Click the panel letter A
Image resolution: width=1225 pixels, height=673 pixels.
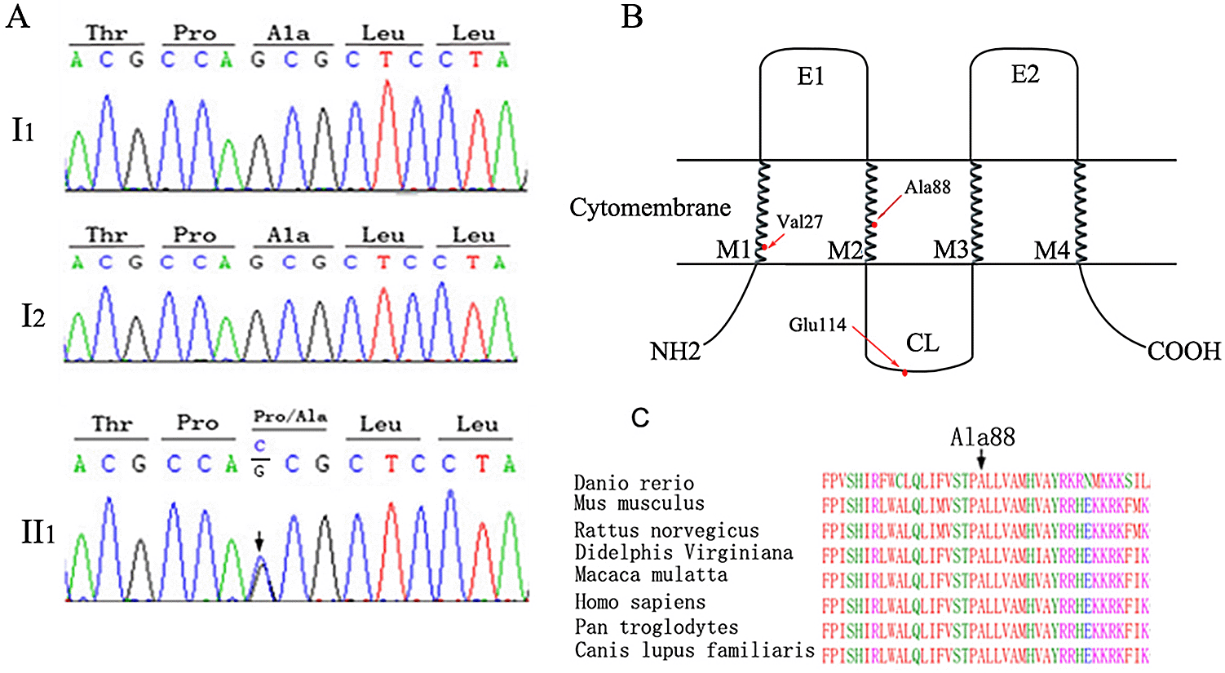tap(18, 16)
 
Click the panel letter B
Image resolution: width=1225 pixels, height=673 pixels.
tap(631, 16)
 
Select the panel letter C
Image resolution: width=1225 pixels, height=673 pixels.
tap(640, 418)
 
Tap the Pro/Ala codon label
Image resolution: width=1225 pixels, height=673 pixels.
tap(290, 417)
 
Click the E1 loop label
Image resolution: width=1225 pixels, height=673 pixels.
tap(810, 77)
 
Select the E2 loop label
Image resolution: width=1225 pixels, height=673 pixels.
tap(1024, 75)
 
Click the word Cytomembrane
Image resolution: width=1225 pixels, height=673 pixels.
tap(650, 208)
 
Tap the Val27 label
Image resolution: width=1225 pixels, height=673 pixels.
tap(799, 222)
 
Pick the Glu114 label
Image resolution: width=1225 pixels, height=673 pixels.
tap(817, 325)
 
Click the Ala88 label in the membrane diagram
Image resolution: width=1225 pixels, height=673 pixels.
tap(927, 188)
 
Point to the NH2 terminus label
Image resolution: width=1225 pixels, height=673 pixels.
tap(675, 352)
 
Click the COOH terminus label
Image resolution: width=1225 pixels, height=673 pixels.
tap(1183, 352)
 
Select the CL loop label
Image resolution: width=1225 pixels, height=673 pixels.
tap(922, 343)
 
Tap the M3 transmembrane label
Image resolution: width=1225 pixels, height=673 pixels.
tap(952, 250)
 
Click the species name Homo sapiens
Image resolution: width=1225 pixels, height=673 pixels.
tap(639, 603)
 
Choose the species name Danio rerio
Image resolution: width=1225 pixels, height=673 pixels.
tap(634, 483)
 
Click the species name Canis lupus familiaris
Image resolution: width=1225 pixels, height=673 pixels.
tap(694, 651)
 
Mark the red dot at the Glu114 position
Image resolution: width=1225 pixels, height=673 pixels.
tap(905, 374)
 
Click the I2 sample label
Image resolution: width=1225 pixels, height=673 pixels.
tap(33, 317)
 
